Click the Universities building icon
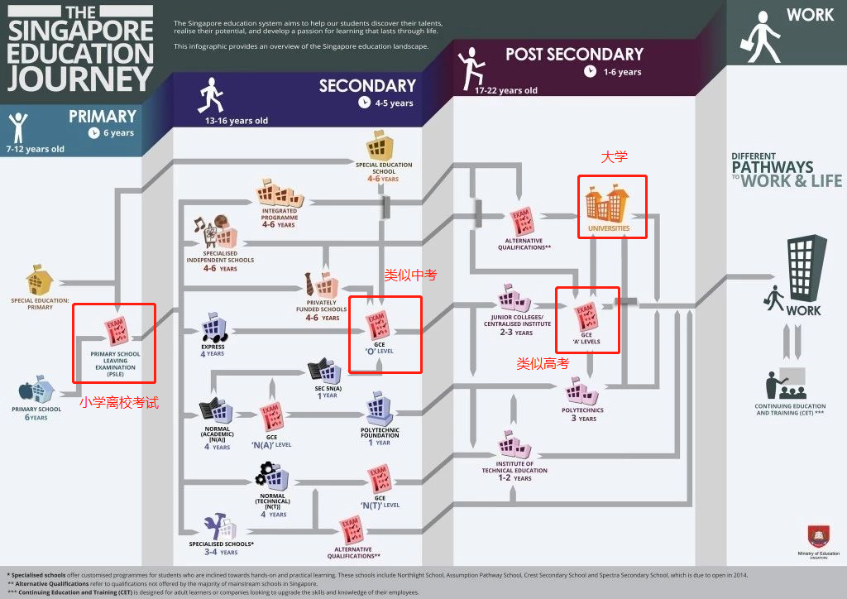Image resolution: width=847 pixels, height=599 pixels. coord(608,204)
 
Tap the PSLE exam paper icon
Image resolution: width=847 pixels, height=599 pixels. coord(115,332)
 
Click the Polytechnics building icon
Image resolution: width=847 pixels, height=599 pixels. coord(581,391)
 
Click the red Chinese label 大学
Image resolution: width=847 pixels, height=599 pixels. coord(614,157)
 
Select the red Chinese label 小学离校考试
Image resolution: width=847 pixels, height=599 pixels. coord(118,403)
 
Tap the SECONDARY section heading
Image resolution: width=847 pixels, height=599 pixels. coord(367,86)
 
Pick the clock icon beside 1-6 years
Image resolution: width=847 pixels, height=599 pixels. coord(590,71)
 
